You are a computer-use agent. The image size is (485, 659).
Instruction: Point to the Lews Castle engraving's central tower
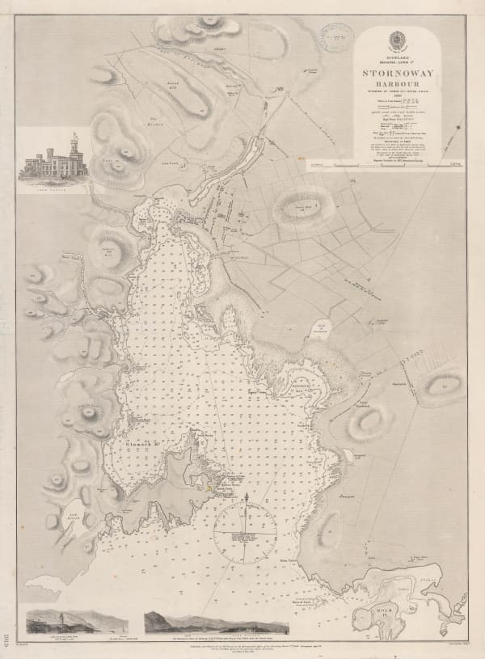pos(75,146)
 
